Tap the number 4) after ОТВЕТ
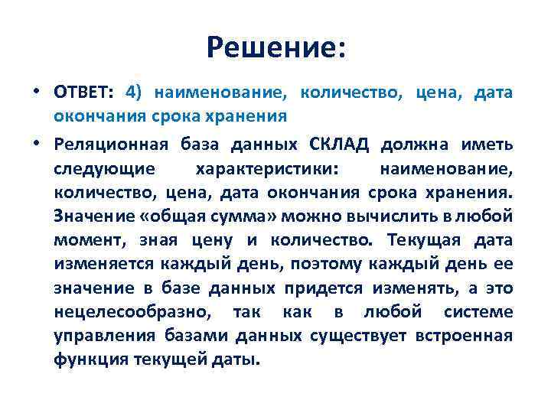coord(133,93)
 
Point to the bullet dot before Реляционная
coord(37,144)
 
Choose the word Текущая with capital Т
coord(423,240)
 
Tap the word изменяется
coord(103,265)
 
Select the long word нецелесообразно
coord(130,314)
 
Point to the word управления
coord(103,337)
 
